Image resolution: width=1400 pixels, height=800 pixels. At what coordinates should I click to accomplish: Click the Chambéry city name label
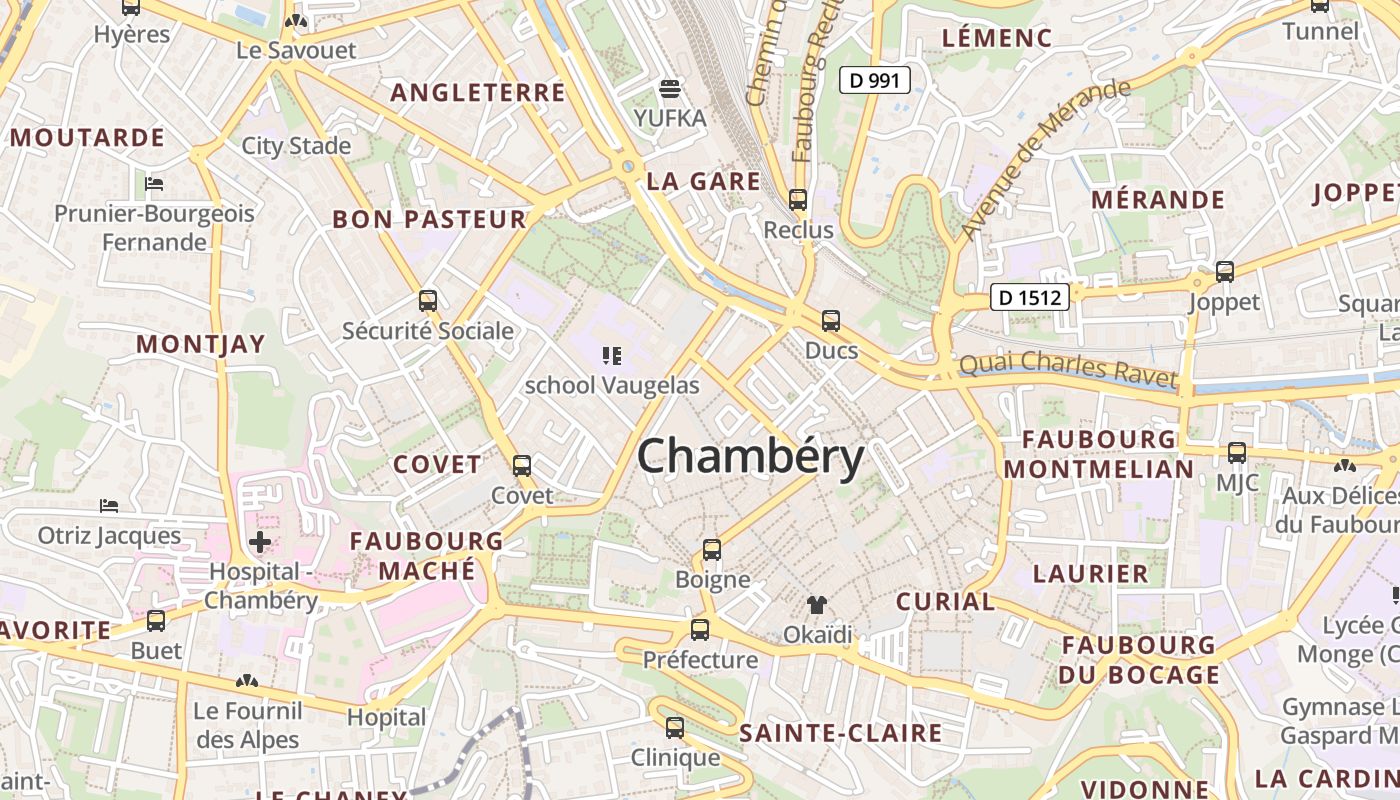[x=750, y=458]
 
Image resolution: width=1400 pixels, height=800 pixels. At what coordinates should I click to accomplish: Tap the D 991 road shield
[x=874, y=80]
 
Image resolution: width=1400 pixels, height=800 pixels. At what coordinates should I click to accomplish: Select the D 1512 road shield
[x=1030, y=297]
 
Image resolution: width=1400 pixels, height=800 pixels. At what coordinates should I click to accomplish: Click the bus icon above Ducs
[x=831, y=321]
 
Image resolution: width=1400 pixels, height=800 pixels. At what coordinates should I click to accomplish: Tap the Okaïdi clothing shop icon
[x=817, y=605]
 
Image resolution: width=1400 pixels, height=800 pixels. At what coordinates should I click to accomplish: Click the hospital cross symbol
[x=260, y=543]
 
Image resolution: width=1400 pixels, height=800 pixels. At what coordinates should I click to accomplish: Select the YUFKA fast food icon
[x=670, y=88]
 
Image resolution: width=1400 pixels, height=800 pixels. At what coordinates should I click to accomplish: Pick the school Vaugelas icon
[x=612, y=355]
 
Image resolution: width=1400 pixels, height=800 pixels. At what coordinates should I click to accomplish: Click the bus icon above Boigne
[x=712, y=550]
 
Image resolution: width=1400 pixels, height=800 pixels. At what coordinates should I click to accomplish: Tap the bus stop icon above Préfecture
[x=700, y=630]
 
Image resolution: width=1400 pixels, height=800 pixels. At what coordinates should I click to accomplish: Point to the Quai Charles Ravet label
[x=1068, y=368]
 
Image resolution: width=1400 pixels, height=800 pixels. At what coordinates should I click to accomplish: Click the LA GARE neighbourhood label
[x=703, y=182]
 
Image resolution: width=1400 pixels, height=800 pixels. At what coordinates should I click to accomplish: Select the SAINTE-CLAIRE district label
[x=840, y=733]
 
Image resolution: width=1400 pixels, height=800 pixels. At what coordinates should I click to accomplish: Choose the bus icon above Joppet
[x=1225, y=271]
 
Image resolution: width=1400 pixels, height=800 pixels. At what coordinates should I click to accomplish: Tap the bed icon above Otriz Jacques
[x=110, y=506]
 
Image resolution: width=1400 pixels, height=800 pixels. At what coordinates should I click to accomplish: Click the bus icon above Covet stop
[x=522, y=466]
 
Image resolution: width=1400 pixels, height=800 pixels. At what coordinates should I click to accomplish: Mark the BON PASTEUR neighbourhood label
[x=429, y=219]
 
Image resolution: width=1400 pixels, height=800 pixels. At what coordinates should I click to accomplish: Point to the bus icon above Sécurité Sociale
[x=428, y=300]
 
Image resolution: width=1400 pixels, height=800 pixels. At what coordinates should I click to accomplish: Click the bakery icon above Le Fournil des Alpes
[x=247, y=682]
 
